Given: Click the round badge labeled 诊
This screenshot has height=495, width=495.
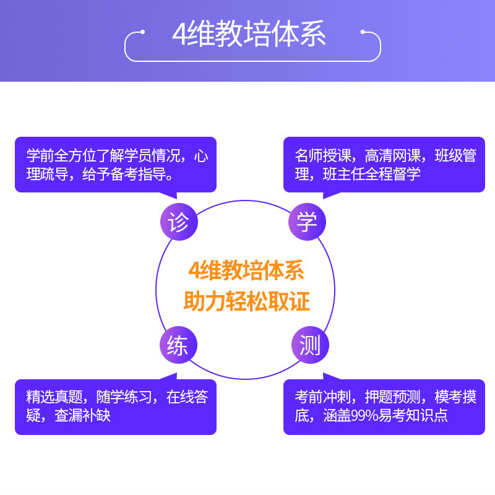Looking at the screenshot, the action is tap(179, 222).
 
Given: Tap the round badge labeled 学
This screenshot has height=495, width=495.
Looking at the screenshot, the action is tap(307, 222).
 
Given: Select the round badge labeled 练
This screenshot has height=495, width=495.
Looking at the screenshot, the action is tap(178, 345).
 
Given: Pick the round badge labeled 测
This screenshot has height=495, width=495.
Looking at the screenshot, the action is tap(309, 345).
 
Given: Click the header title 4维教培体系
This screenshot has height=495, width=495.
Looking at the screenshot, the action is tap(249, 35).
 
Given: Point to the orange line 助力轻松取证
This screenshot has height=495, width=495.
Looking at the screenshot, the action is tap(247, 301).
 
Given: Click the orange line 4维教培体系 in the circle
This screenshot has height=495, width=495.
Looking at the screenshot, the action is tap(247, 271).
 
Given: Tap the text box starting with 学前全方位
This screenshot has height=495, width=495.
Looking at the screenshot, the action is tap(116, 165).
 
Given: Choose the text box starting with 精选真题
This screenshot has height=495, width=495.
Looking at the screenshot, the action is tap(116, 406).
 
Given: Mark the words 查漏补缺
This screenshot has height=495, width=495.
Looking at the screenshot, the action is tap(83, 415).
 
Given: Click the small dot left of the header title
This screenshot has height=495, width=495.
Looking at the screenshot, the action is tap(143, 31).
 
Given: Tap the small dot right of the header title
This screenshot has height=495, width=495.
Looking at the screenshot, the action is tap(363, 31).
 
